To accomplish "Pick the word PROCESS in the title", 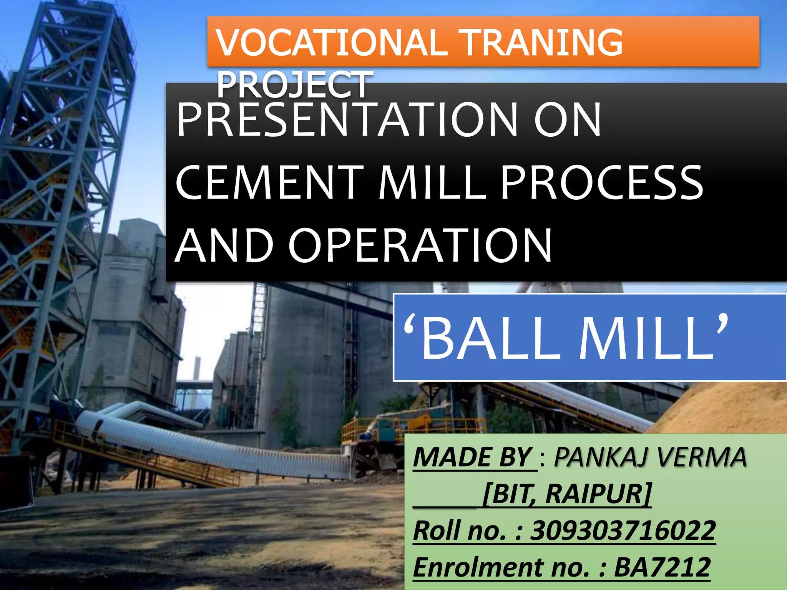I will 602,183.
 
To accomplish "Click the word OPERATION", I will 420,246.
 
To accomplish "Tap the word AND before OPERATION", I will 224,246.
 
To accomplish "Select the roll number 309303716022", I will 623,530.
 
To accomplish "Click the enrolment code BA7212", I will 662,567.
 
